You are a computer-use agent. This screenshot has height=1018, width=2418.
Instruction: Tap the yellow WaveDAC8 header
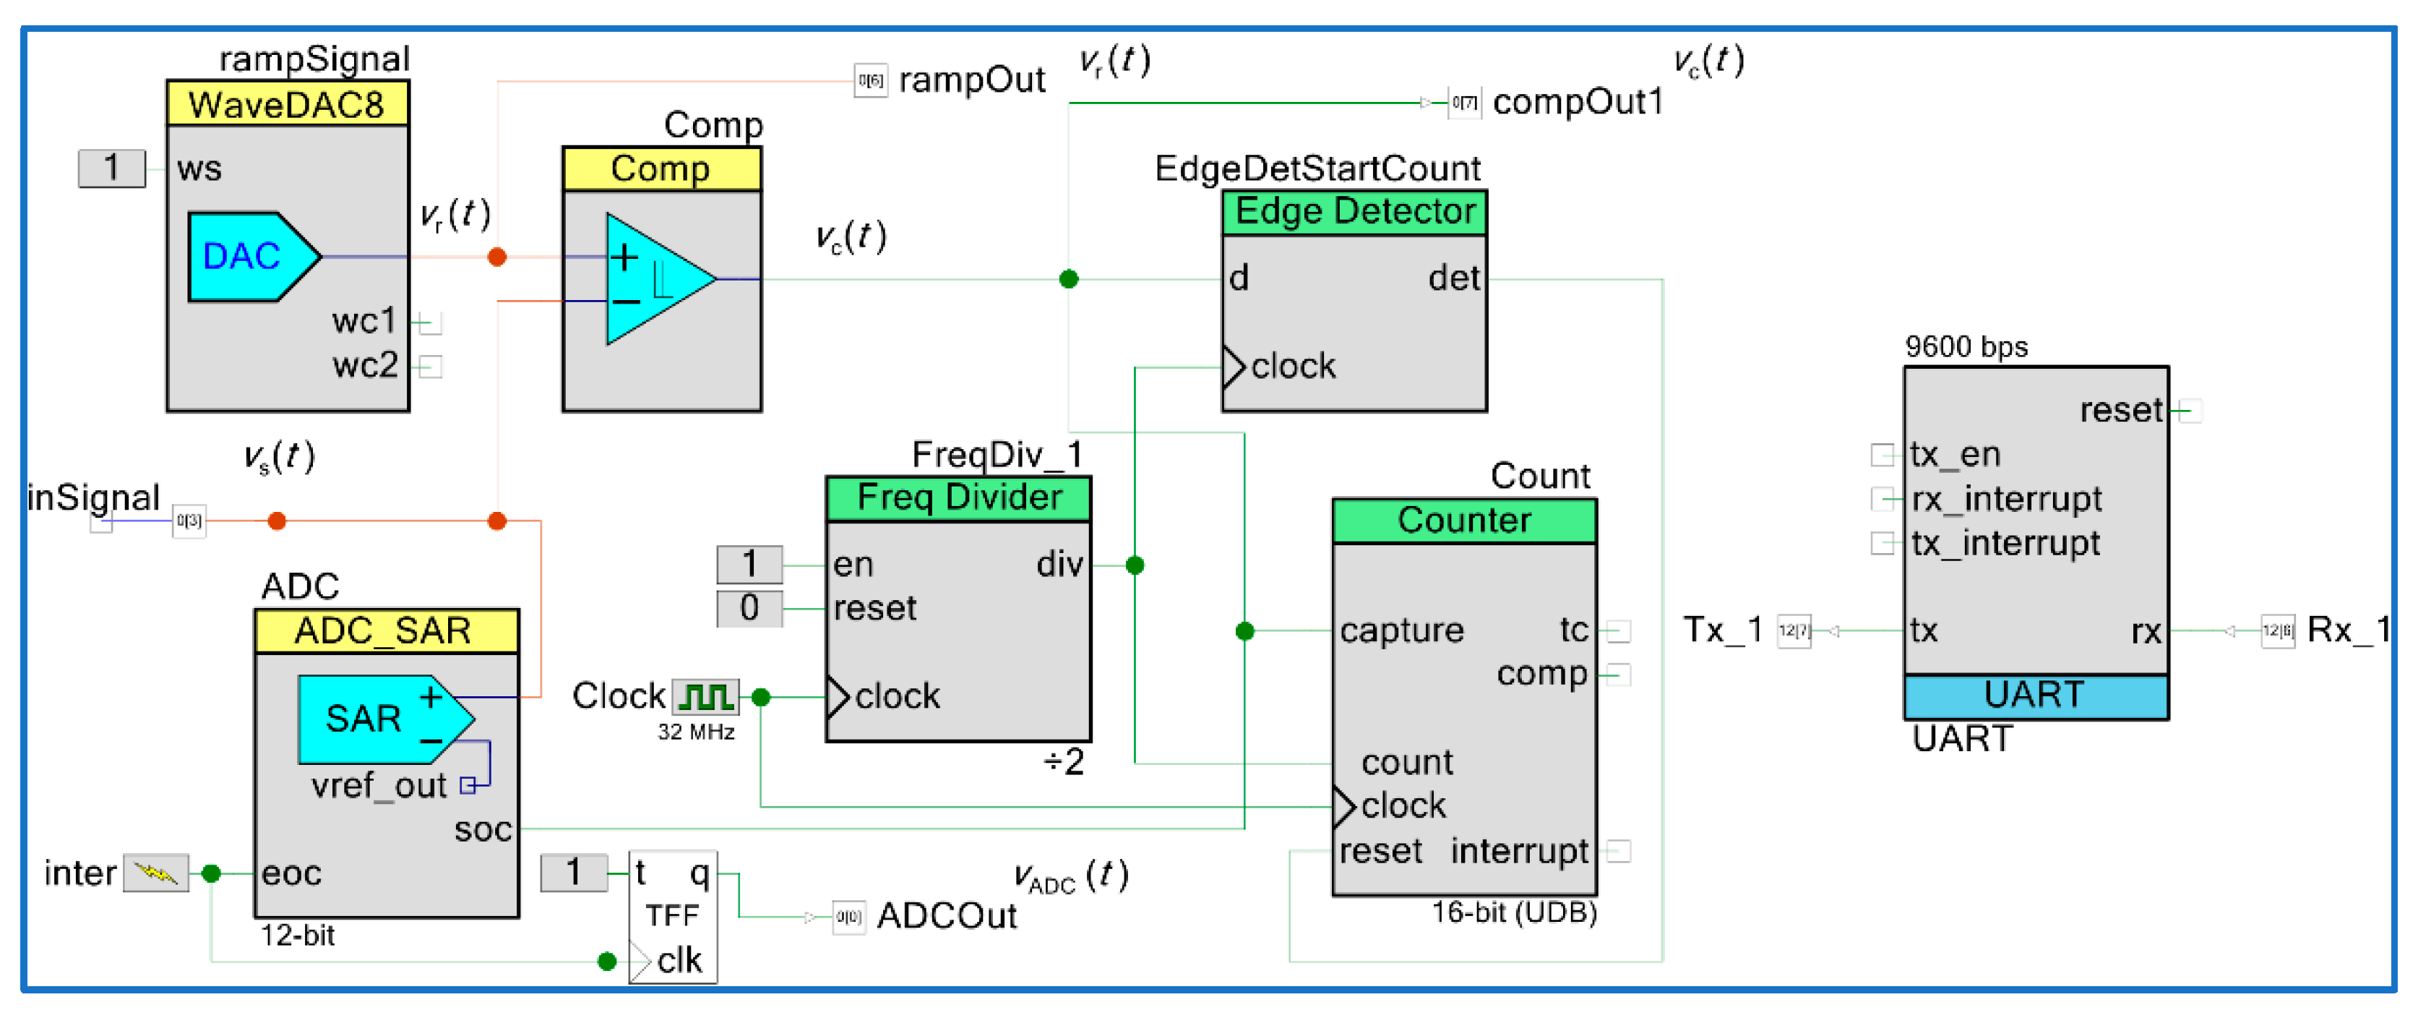point(286,104)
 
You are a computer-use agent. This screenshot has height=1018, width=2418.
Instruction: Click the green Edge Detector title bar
point(1354,211)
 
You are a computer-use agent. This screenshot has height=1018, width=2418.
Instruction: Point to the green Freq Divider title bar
point(958,497)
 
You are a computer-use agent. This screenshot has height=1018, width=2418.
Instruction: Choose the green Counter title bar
point(1463,521)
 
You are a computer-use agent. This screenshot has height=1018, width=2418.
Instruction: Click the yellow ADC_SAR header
point(385,631)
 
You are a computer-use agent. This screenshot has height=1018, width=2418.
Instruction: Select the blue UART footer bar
point(2035,696)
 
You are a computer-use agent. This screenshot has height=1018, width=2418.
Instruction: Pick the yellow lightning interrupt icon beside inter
point(156,873)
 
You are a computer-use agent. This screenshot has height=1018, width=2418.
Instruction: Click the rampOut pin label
point(971,81)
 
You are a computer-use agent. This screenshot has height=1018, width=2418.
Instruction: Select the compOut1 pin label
point(1577,101)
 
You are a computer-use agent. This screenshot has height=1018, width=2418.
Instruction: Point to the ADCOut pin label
point(945,915)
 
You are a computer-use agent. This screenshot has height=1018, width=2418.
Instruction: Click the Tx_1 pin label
point(1721,630)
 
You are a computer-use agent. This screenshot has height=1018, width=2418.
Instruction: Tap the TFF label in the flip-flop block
point(671,915)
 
